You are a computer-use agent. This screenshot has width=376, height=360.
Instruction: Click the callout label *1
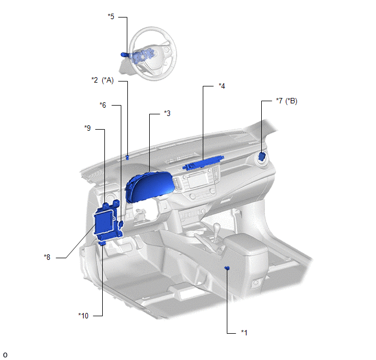coord(244,333)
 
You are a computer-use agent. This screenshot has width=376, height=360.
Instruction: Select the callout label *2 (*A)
coord(103,80)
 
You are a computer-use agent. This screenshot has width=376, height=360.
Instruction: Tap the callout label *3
coord(167,113)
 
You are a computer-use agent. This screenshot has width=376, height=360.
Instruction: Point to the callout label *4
coord(222,86)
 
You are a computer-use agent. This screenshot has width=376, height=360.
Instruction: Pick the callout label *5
coord(111,16)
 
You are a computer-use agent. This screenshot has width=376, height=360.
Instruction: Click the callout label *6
coord(103,105)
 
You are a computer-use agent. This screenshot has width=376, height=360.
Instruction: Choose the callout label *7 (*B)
coord(286,101)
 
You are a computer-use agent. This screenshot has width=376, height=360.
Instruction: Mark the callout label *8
coord(47,257)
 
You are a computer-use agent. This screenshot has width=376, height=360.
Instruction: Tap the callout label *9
coord(87,128)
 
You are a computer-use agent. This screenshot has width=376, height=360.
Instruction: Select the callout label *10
coord(83,316)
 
